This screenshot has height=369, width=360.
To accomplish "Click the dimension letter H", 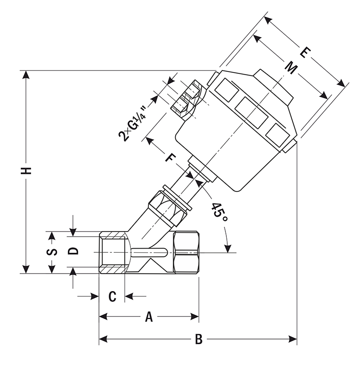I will point(28,171).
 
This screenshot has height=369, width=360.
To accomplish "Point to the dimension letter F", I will point(171,158).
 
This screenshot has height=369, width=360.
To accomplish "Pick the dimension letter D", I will point(73,251).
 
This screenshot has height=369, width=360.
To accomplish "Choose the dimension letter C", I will point(112,296).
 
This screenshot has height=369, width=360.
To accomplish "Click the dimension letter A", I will point(148,316).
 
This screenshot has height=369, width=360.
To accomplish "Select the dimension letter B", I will point(199,340).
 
